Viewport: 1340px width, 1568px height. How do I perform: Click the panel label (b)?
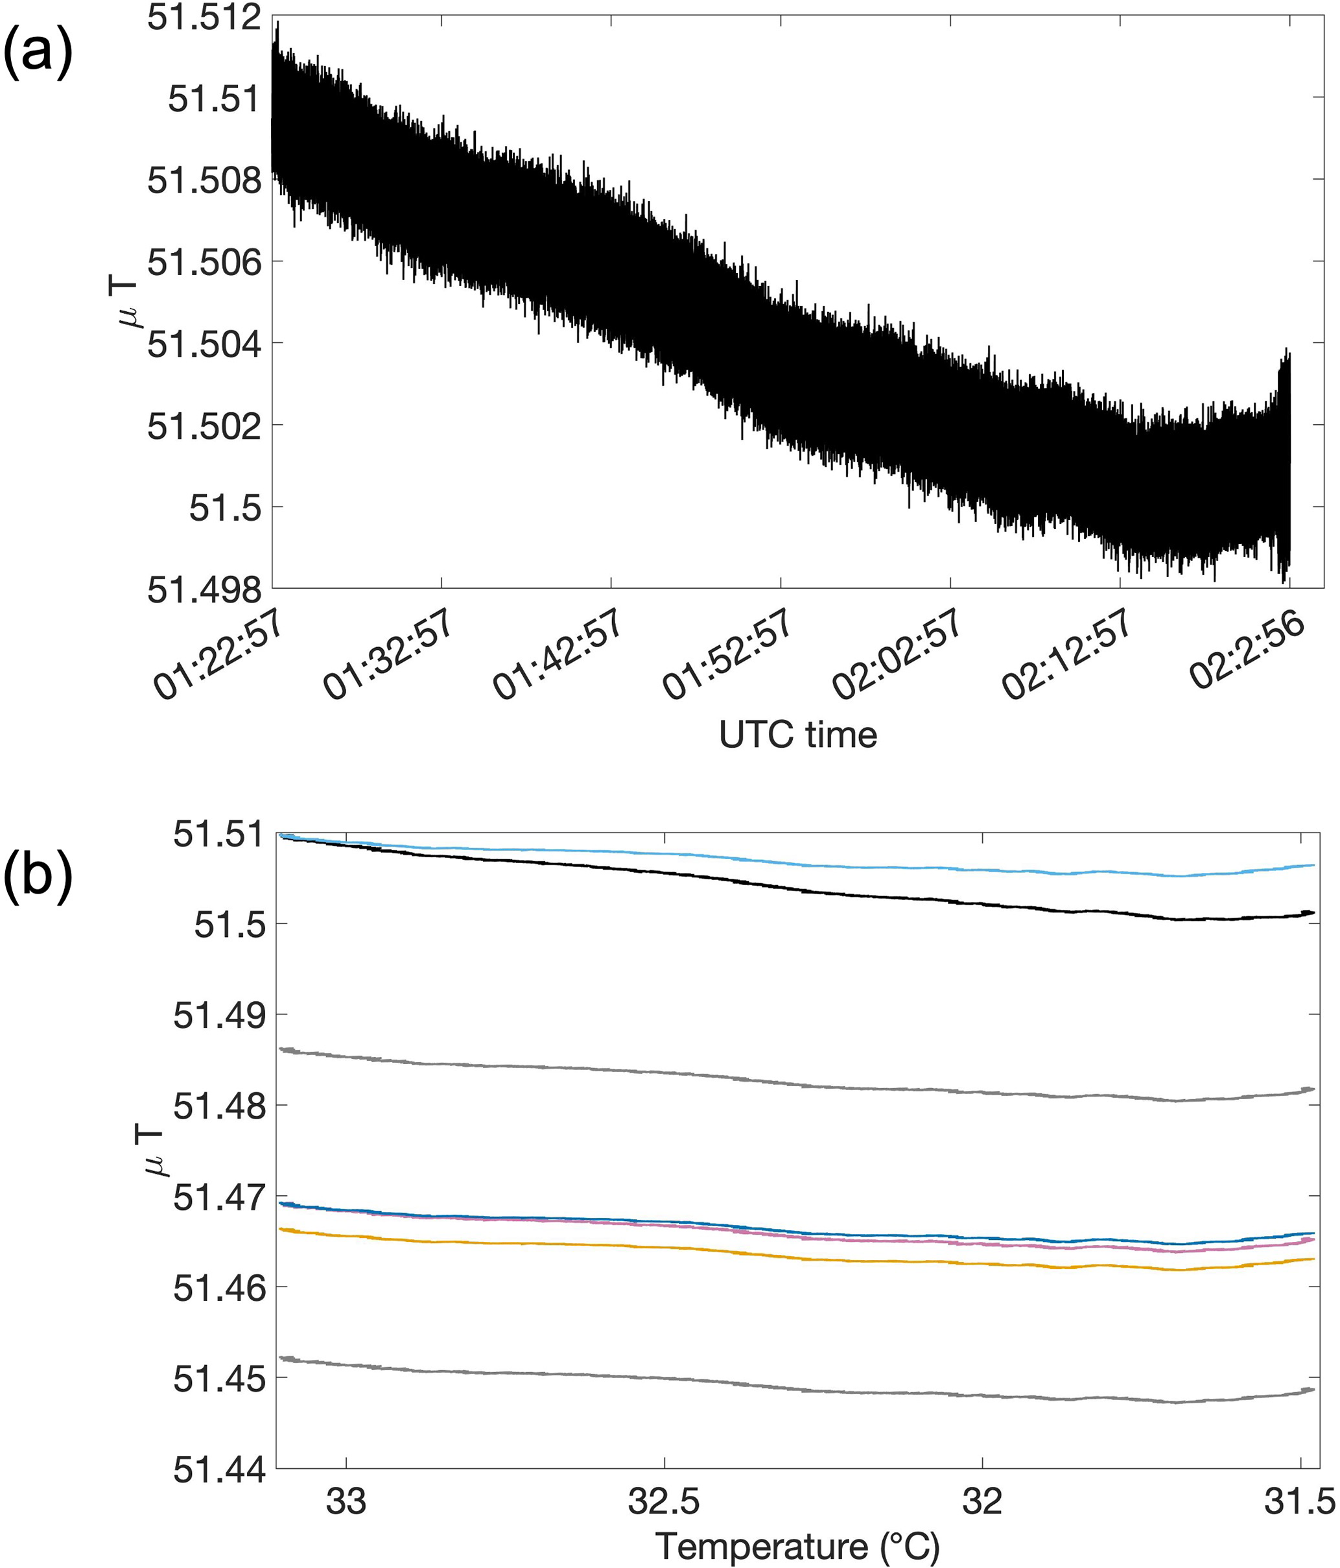pyautogui.click(x=38, y=879)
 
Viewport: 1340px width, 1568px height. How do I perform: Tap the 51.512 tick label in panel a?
pyautogui.click(x=204, y=18)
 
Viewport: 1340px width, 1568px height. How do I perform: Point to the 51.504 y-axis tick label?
pyautogui.click(x=204, y=344)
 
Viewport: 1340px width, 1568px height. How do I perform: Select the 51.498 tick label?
pyautogui.click(x=204, y=589)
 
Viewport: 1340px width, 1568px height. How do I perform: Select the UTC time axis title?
pyautogui.click(x=797, y=735)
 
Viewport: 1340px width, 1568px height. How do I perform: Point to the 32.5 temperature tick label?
pyautogui.click(x=664, y=1501)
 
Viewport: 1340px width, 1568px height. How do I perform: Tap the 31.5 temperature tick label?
pyautogui.click(x=1300, y=1501)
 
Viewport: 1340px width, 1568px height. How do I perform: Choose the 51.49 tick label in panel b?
pyautogui.click(x=218, y=1016)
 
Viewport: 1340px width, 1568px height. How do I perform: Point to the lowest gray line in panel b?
pyautogui.click(x=757, y=1386)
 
